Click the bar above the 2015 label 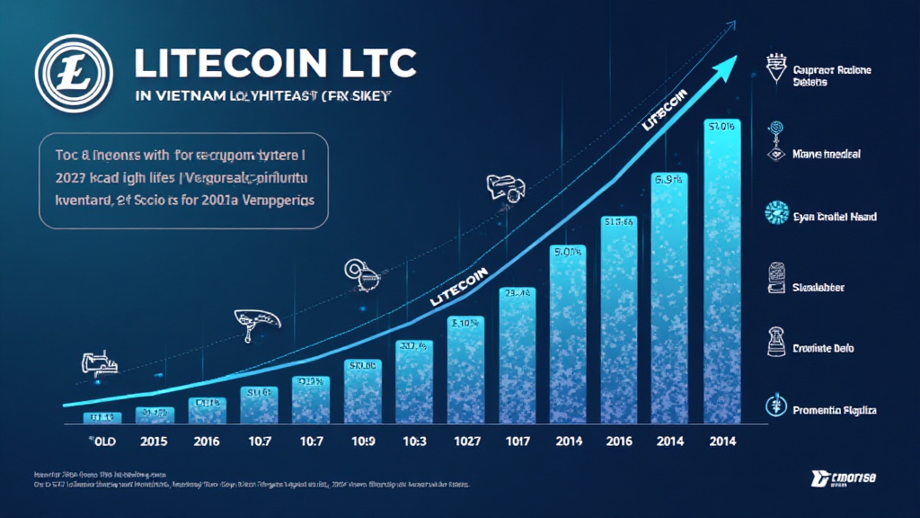pyautogui.click(x=154, y=414)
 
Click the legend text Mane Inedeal pyautogui.click(x=827, y=154)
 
